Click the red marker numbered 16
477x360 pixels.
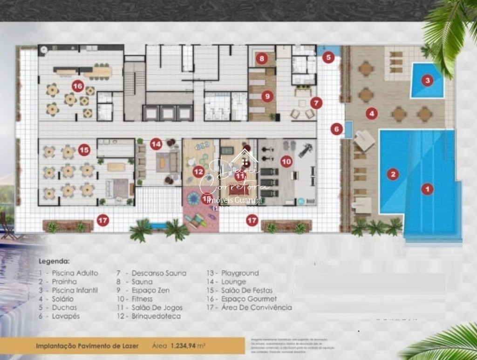point(78,86)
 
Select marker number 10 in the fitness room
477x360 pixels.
point(286,161)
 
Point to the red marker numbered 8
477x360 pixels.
point(262,59)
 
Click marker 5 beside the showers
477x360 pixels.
point(329,58)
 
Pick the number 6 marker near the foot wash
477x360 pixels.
point(337,129)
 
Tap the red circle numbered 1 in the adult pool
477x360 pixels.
point(427,189)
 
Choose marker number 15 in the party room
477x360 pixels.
point(84,149)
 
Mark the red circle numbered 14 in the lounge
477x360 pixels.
point(156,144)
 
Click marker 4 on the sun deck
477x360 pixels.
point(371,112)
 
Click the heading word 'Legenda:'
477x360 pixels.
point(54,261)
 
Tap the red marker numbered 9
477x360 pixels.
point(266,96)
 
